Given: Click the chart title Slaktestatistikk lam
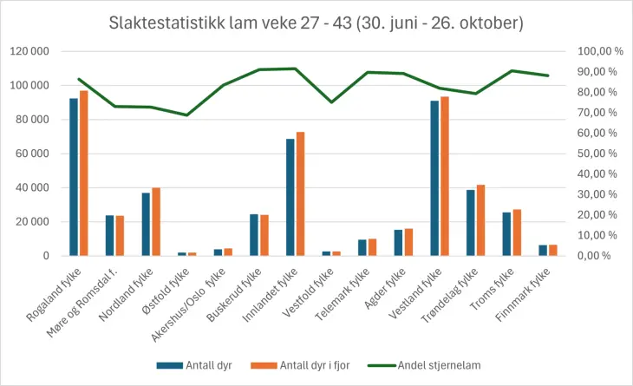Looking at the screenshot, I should (316, 23).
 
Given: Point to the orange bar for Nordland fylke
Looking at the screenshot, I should (156, 222).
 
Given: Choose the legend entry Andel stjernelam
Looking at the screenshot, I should (439, 365).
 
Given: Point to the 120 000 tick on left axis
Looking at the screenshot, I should (29, 52).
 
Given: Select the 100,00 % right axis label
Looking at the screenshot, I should (600, 52).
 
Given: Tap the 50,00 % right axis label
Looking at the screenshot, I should (600, 154).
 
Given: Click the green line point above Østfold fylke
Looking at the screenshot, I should (186, 114).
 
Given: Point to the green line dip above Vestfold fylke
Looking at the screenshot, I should (331, 102).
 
